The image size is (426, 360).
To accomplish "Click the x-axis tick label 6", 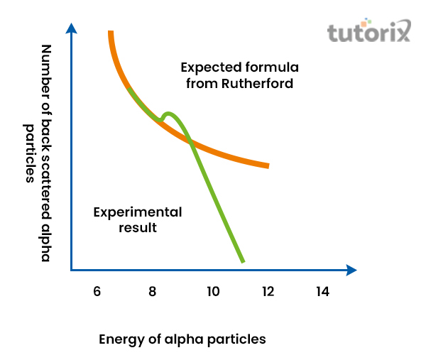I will (x=97, y=291).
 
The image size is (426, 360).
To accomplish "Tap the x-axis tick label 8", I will (x=153, y=291).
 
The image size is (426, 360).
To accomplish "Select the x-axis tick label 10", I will (x=212, y=291).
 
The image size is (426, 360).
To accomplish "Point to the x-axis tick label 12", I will (x=268, y=291).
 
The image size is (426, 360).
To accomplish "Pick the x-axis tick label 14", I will (x=323, y=291).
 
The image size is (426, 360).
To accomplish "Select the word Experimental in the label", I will (x=138, y=212).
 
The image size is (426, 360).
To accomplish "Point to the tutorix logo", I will (x=369, y=32).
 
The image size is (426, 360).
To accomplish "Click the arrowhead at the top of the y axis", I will (x=71, y=28).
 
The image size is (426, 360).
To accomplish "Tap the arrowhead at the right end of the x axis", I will (x=351, y=270).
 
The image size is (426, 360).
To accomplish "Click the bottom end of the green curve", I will (x=243, y=261).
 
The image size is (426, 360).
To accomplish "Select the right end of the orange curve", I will (x=268, y=166).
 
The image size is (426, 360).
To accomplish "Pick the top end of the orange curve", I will (x=111, y=33).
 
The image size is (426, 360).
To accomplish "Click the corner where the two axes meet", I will (x=71, y=270).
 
